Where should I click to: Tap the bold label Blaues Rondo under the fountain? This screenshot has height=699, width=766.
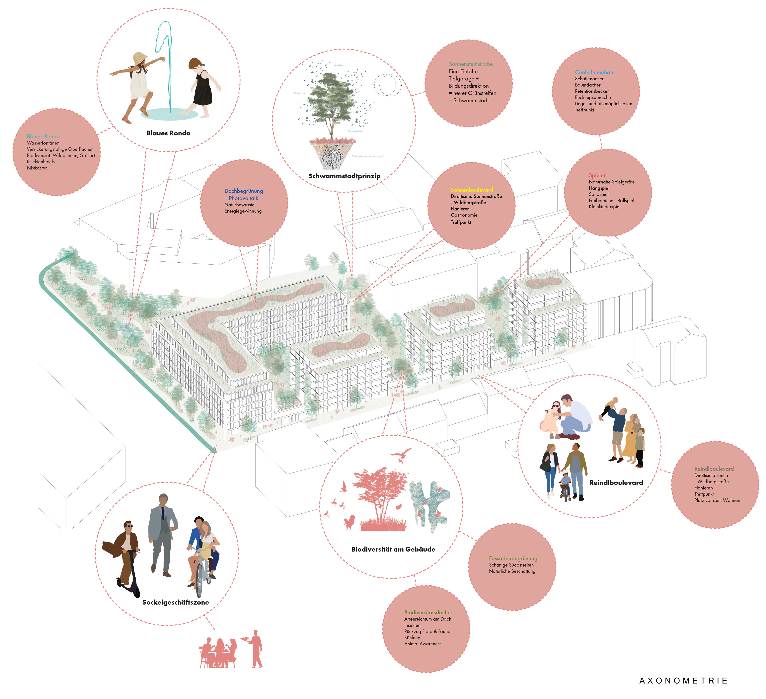coord(168,133)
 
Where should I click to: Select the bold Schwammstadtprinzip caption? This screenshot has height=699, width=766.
coord(344,176)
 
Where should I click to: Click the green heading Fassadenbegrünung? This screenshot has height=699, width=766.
coord(513,558)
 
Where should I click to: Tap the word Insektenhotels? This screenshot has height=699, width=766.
coord(41,162)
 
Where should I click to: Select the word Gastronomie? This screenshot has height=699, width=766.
coord(464,215)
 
